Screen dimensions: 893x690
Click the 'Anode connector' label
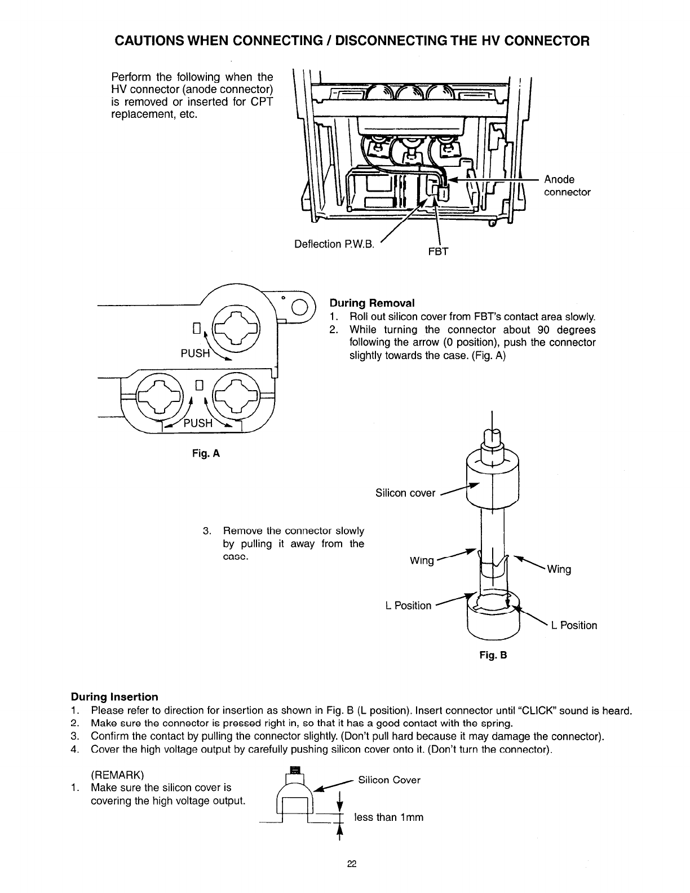click(x=567, y=185)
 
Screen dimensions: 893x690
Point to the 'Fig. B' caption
click(x=493, y=656)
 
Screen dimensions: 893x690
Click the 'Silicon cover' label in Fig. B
click(x=405, y=493)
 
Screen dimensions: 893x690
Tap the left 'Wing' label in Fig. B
click(x=422, y=560)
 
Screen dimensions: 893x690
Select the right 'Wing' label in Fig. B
click(x=559, y=569)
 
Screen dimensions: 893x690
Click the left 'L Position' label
click(x=408, y=605)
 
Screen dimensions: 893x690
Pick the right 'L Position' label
click(x=574, y=625)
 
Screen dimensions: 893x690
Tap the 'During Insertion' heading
click(x=114, y=697)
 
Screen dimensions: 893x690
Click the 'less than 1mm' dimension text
click(x=388, y=817)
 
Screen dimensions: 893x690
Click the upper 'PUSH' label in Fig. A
click(x=195, y=353)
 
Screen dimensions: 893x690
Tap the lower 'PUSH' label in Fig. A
click(x=198, y=423)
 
